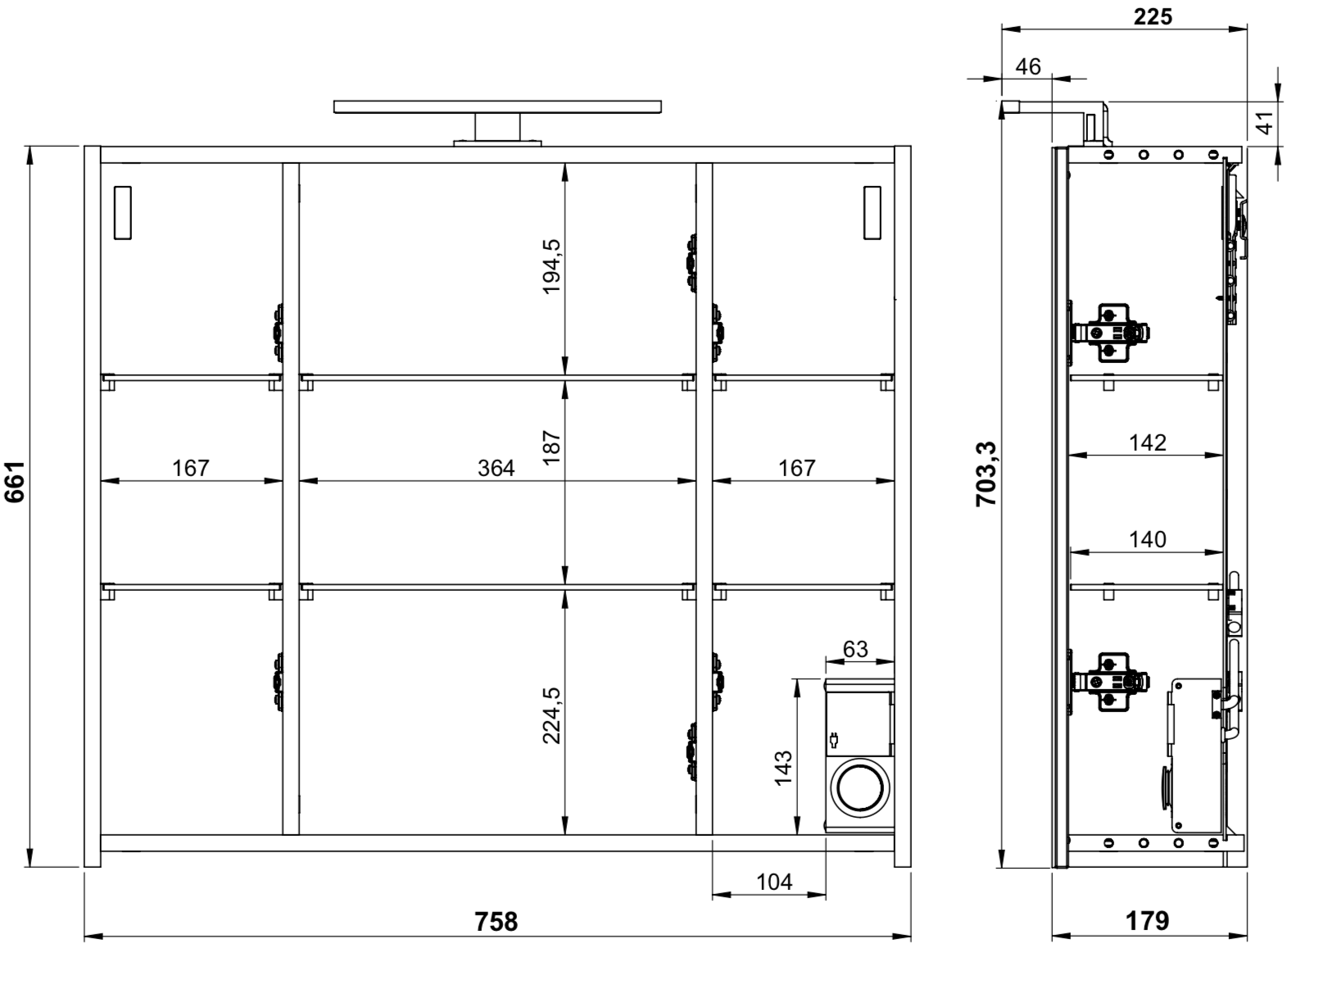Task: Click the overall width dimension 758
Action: (496, 922)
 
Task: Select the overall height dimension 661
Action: (15, 482)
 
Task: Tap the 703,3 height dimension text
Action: (986, 474)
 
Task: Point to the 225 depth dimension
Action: (1153, 16)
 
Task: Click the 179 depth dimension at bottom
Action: (1147, 920)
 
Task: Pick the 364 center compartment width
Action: (496, 468)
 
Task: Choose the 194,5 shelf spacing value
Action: (551, 266)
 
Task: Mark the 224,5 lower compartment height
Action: (551, 715)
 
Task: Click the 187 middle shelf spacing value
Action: (551, 447)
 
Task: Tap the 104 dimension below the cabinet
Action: (774, 882)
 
